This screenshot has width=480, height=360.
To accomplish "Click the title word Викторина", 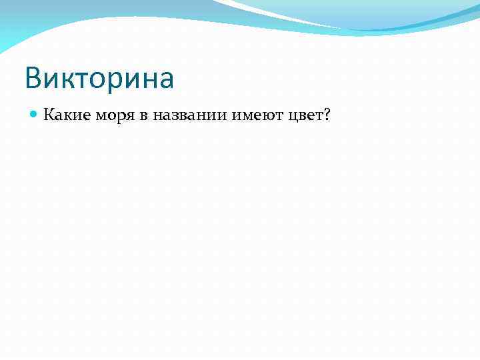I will click(99, 79).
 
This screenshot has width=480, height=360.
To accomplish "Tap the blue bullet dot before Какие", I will click(34, 116).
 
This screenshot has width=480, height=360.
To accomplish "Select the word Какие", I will click(65, 116).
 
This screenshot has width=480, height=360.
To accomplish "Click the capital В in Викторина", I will click(35, 79).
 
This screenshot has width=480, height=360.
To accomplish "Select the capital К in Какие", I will click(49, 116).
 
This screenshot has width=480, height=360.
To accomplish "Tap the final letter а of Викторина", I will click(166, 80).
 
